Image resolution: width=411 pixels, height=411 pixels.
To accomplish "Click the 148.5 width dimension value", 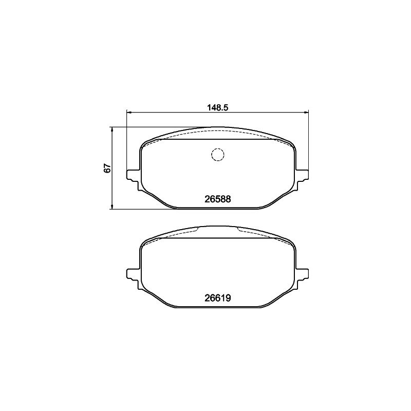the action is [218, 107].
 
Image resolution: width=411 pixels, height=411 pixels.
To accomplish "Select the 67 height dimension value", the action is [107, 168].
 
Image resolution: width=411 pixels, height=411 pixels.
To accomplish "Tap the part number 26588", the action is [217, 199].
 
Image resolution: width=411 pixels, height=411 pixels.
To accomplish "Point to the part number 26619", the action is [217, 298].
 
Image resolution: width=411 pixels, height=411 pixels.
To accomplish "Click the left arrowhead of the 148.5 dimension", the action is [129, 113].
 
